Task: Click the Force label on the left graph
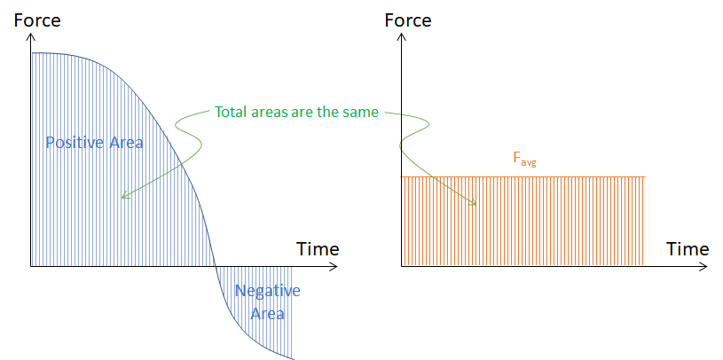[37, 20]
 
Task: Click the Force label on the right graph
[408, 20]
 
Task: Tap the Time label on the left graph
[318, 249]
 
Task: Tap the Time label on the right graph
[688, 249]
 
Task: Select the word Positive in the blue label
[75, 143]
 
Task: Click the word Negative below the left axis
[267, 291]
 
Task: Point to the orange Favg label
[524, 158]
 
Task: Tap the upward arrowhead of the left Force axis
[31, 37]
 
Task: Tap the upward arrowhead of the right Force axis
[402, 37]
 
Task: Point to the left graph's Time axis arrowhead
[334, 266]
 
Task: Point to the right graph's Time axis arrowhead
[704, 266]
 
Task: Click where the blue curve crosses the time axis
[216, 266]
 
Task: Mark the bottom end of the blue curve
[293, 358]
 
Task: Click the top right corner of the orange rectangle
[643, 177]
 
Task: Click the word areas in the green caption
[265, 113]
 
